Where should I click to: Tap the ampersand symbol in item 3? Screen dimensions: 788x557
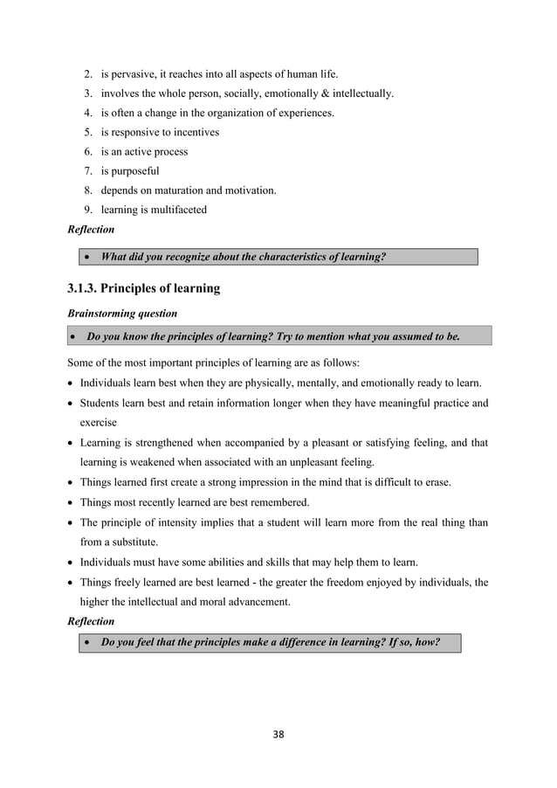328,93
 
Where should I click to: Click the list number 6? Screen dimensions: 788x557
88,152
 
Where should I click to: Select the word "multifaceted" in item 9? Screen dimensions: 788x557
179,210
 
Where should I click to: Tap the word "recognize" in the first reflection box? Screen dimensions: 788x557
191,257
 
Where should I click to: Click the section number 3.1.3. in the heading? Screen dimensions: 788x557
88,288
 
